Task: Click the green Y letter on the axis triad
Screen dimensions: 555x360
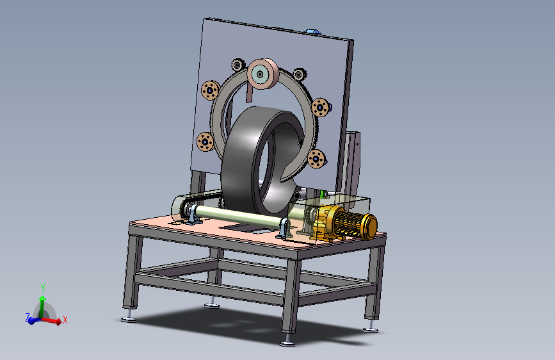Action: click(x=43, y=288)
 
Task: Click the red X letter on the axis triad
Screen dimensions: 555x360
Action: click(x=65, y=320)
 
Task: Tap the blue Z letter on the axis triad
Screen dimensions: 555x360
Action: click(x=28, y=317)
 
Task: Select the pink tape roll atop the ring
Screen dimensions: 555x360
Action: click(x=263, y=74)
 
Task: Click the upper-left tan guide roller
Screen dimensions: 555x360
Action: click(x=210, y=90)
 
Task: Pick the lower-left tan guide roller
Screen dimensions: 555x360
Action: click(x=205, y=142)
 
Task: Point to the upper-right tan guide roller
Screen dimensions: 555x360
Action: click(x=321, y=107)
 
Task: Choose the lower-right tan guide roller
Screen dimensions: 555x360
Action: click(x=316, y=159)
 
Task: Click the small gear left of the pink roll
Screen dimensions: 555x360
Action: click(x=238, y=65)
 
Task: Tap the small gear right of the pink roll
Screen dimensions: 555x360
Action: click(x=300, y=74)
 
